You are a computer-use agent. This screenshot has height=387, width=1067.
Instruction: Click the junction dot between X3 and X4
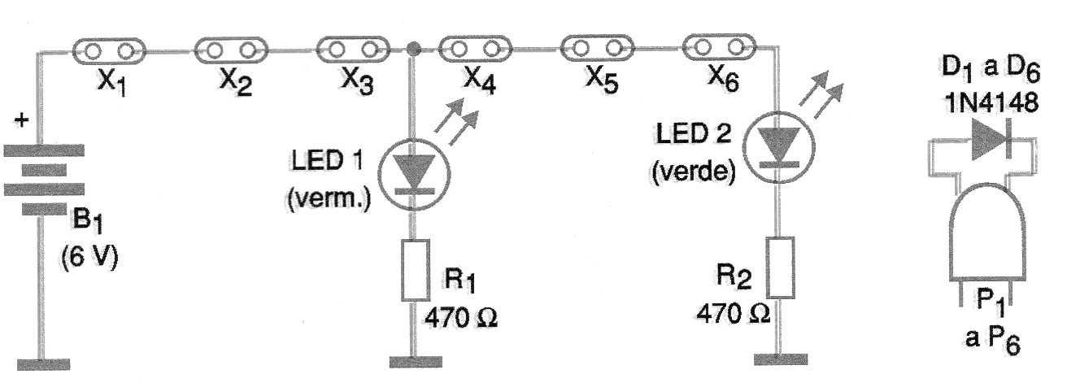tap(413, 49)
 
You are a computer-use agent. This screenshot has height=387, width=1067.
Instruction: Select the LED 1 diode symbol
tap(414, 174)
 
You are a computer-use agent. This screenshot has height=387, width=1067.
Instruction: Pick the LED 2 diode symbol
tap(779, 148)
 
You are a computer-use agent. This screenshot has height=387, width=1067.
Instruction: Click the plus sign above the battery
tap(21, 120)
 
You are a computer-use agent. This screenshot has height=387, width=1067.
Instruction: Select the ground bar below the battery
tap(43, 364)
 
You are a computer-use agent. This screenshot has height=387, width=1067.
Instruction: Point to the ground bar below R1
tap(416, 362)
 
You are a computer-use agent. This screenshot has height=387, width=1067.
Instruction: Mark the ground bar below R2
tap(781, 359)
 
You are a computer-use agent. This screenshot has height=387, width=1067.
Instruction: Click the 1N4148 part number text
tap(991, 103)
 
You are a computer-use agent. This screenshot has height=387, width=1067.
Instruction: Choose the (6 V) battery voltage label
tap(89, 258)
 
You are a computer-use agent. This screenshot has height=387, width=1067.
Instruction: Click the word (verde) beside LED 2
tap(694, 171)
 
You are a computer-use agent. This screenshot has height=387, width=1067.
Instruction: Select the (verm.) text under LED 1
tap(329, 198)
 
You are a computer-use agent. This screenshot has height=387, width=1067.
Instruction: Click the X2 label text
tap(236, 82)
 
